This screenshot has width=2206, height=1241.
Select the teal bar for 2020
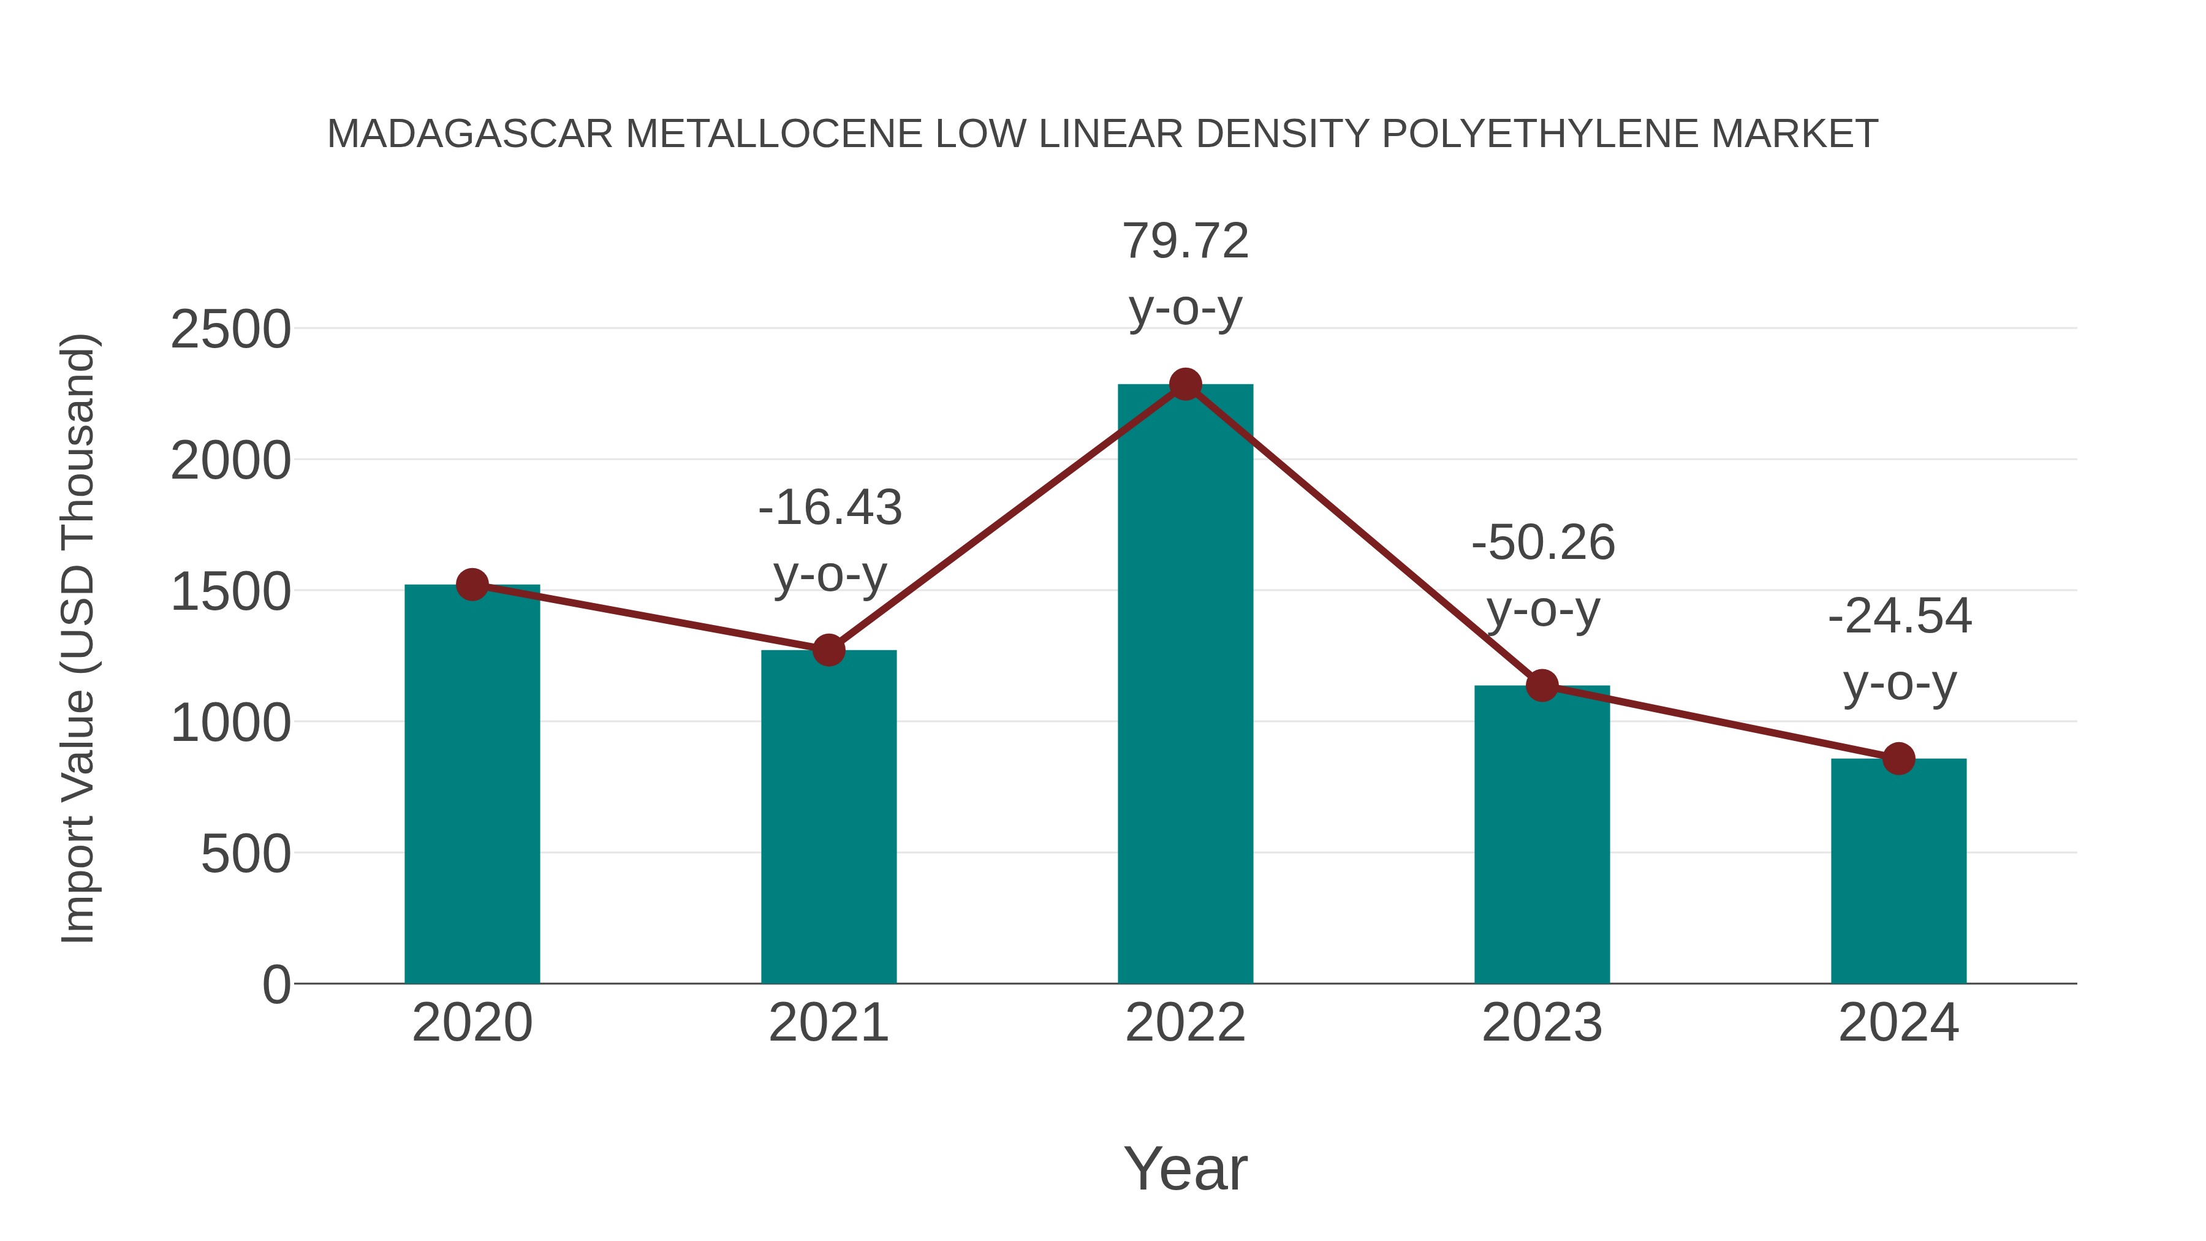point(472,784)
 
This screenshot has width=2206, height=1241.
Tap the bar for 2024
point(1898,870)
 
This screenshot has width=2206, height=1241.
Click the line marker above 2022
point(1185,384)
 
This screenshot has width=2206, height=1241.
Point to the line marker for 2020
point(472,585)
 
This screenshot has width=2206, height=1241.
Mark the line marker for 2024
point(1898,758)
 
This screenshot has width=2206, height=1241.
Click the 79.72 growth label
point(1185,241)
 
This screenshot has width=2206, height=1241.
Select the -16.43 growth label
point(830,508)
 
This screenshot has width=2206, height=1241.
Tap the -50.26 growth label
point(1543,543)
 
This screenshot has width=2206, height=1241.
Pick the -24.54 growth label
point(1900,617)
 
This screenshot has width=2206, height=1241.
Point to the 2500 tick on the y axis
point(230,330)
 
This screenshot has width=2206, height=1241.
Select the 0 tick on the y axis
point(276,985)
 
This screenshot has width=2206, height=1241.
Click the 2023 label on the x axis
point(1542,1023)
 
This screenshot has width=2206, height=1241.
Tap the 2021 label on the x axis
point(828,1023)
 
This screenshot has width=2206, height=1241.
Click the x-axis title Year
point(1185,1169)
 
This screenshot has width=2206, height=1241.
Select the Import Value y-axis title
point(77,638)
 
